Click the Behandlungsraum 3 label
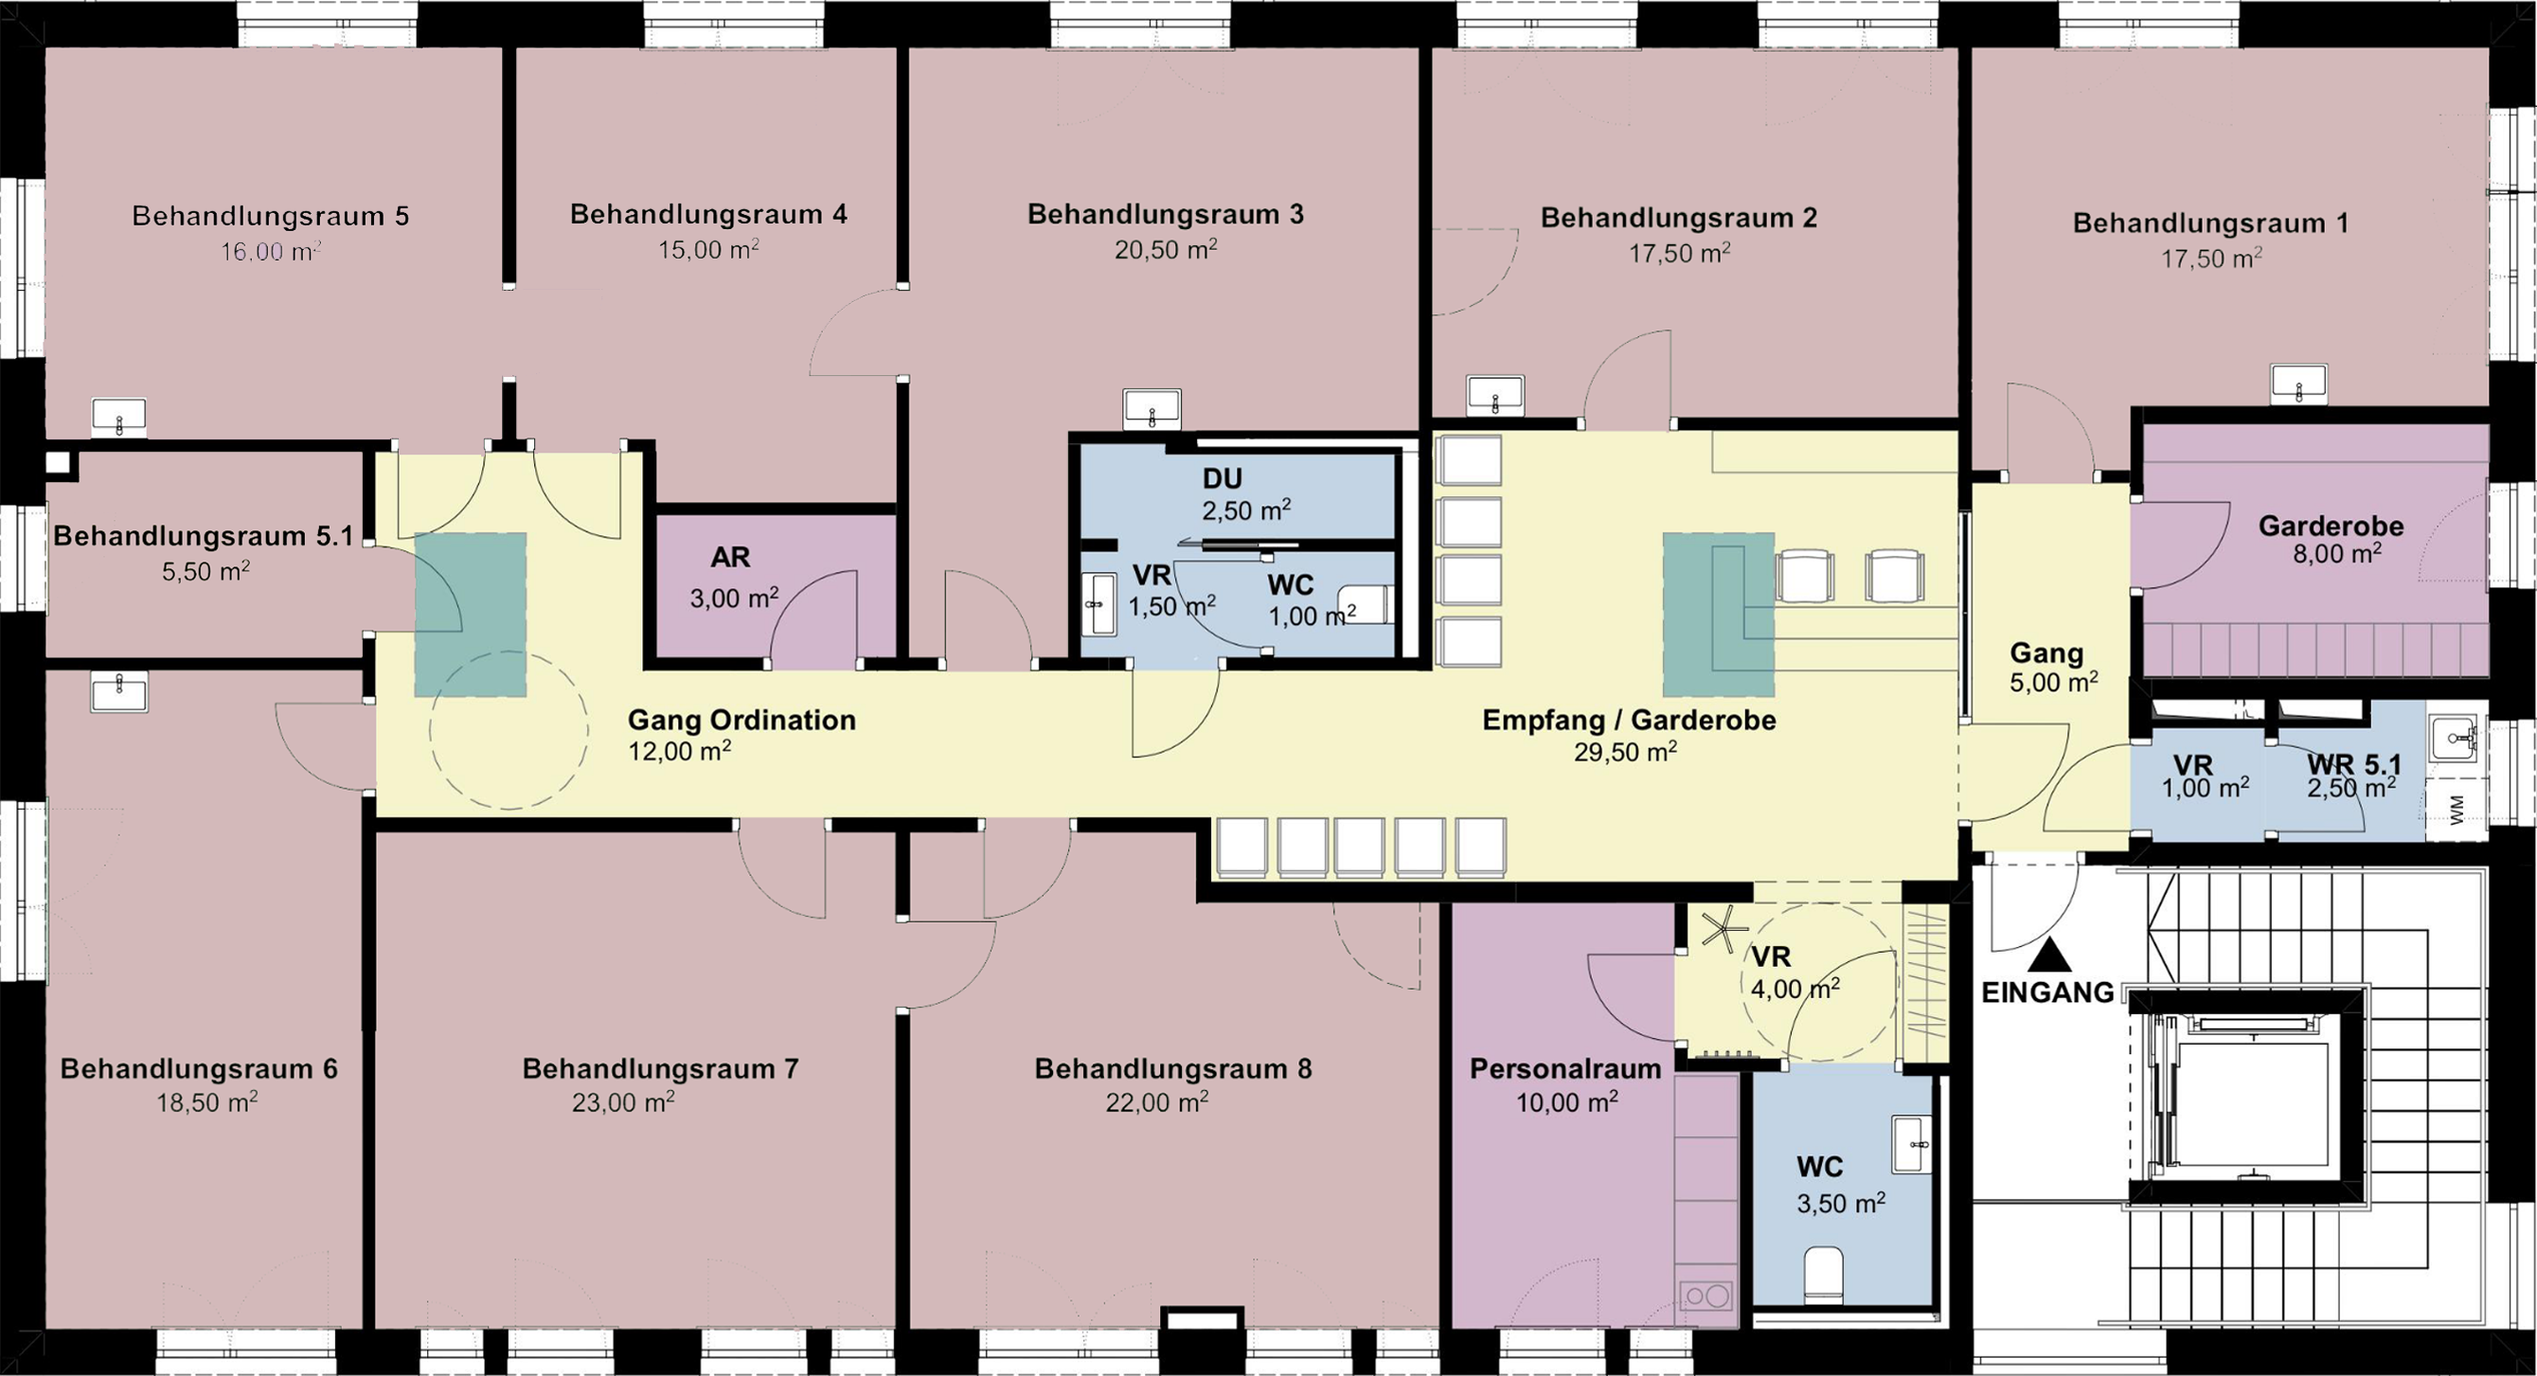(1165, 215)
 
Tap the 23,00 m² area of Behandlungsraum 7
(623, 1102)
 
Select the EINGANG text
(2047, 992)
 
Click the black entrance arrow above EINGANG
(2049, 955)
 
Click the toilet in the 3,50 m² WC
(1822, 1275)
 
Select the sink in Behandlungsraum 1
(2298, 384)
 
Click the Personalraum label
(1566, 1068)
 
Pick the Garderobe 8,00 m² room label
(2332, 539)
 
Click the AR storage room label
(731, 558)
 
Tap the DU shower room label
(1223, 478)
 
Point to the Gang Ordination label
(741, 720)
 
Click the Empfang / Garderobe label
(1629, 720)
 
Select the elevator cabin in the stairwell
(2246, 1105)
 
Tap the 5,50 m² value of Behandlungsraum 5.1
(205, 571)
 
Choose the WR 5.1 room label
(2354, 763)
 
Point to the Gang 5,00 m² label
(2053, 667)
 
